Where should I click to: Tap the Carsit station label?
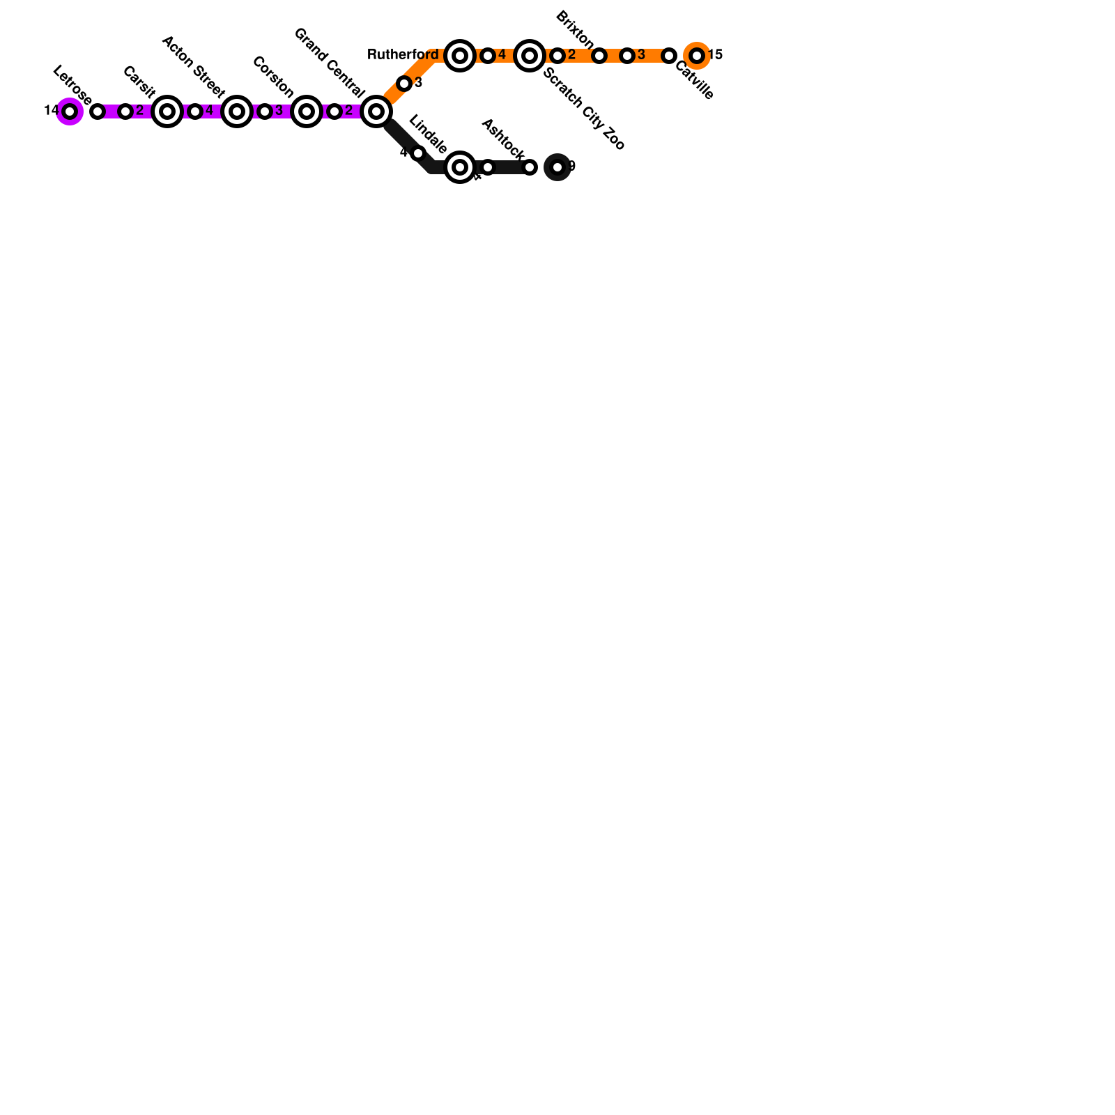click(139, 82)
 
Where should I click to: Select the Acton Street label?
click(193, 67)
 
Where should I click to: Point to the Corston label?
click(272, 77)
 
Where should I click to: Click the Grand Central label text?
click(329, 63)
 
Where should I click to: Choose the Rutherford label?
click(403, 55)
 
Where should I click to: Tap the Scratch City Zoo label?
click(584, 109)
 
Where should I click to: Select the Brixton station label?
click(575, 31)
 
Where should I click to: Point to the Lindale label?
click(427, 134)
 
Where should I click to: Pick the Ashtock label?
click(502, 139)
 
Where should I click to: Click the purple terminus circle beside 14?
click(70, 111)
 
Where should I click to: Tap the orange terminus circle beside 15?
click(697, 56)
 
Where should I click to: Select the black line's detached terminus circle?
click(557, 167)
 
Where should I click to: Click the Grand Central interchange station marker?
click(376, 111)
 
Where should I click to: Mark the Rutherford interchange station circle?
click(460, 56)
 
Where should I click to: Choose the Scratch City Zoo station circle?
click(530, 56)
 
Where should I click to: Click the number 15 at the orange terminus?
click(716, 55)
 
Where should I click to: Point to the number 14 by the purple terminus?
click(51, 111)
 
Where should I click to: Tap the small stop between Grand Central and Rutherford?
click(404, 84)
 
